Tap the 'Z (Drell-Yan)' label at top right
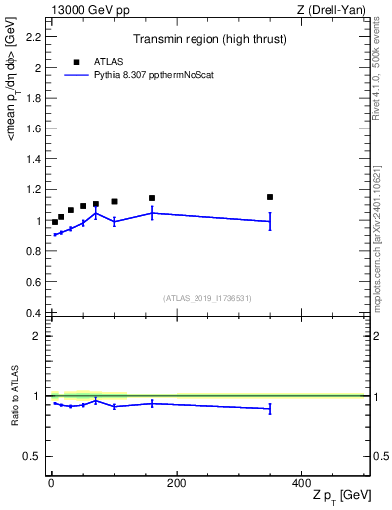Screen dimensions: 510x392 click(333, 10)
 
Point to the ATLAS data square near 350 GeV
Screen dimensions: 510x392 click(270, 197)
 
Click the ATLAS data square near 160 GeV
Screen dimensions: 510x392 click(152, 198)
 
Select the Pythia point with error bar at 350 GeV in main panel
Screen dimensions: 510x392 click(270, 221)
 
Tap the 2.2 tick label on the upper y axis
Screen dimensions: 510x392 click(33, 37)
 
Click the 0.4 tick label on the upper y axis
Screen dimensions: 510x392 click(33, 313)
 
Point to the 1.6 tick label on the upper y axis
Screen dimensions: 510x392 click(33, 128)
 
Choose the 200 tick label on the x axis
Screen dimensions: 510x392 click(176, 483)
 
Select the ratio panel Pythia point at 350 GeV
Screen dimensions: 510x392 click(270, 408)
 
